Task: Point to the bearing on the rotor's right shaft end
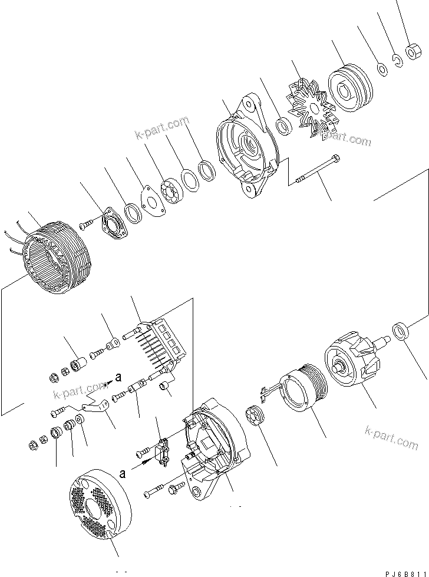pyautogui.click(x=400, y=331)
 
